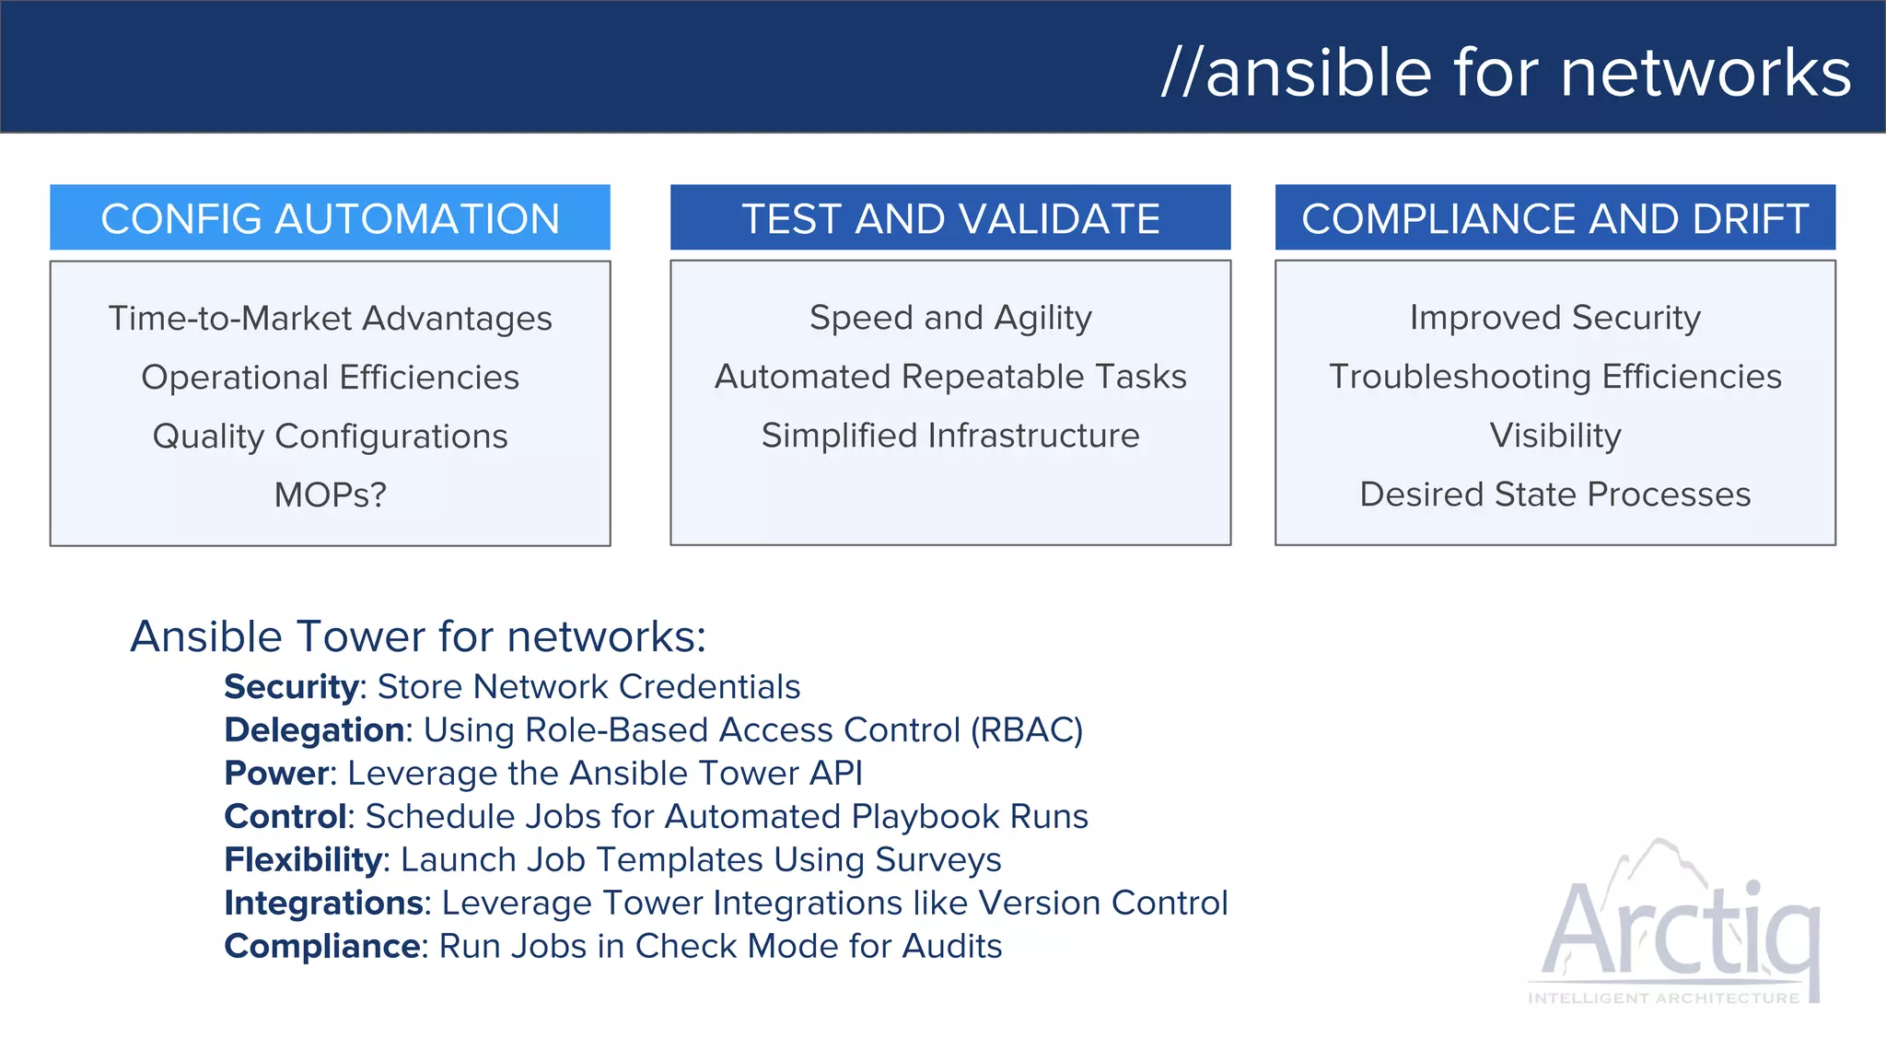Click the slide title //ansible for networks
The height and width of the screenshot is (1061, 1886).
coord(1506,73)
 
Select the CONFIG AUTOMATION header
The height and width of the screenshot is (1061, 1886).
coord(330,218)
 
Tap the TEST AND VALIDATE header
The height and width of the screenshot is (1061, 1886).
coord(950,218)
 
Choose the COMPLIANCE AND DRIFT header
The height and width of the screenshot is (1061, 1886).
coord(1554,218)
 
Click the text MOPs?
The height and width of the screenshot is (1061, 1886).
coord(330,495)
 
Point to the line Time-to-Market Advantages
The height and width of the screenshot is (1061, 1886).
coord(330,319)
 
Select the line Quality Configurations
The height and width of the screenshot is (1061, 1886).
coord(330,436)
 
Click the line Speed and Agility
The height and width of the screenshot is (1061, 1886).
coord(950,318)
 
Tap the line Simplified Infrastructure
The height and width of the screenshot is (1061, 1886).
coord(950,436)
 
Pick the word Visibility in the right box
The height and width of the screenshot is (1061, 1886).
coord(1554,436)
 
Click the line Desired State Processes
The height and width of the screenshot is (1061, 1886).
coord(1554,495)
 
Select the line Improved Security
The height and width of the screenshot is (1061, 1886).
coord(1554,318)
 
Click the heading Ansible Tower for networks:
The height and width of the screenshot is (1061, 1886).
coord(418,636)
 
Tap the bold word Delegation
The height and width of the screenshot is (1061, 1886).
coord(314,730)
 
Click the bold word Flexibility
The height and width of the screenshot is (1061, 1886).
coord(303,860)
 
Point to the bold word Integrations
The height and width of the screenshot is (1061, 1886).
coord(323,904)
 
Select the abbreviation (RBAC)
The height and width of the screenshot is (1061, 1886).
coord(1026,730)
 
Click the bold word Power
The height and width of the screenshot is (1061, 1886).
coord(276,774)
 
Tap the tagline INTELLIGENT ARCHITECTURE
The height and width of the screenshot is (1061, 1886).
coord(1663,998)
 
